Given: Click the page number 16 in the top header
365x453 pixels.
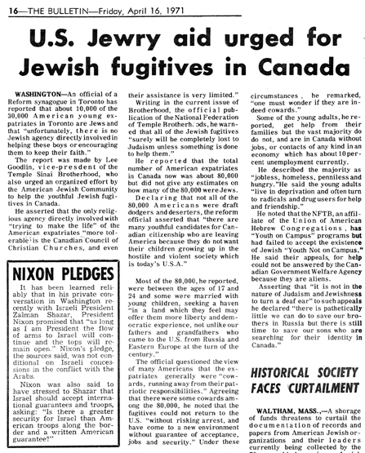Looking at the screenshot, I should tap(11, 7).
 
